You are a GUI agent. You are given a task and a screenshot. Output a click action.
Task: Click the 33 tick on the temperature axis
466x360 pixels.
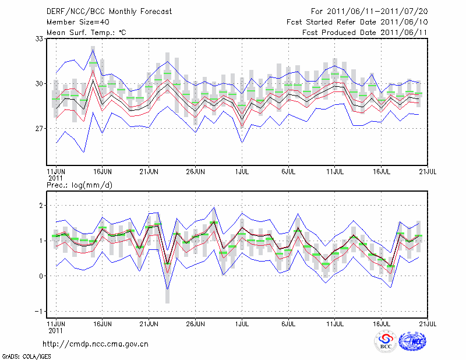point(41,38)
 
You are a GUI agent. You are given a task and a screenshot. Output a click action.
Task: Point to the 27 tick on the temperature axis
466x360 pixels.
point(41,128)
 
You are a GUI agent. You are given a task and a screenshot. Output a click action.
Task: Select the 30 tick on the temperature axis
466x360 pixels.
point(41,83)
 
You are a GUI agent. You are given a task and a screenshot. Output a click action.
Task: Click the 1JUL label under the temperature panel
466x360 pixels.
point(242,172)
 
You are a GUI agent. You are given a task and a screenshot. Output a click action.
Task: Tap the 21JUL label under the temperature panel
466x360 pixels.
point(428,172)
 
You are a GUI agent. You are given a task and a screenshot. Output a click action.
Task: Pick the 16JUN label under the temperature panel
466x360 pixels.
point(103,172)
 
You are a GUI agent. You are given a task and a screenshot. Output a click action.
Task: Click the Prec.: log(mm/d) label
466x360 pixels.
point(80,185)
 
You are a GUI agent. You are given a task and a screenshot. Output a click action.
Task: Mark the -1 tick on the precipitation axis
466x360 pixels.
point(40,311)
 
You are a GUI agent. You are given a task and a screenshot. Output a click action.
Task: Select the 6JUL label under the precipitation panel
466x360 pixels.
point(288,322)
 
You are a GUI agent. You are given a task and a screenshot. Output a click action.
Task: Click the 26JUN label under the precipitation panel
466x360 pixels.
point(195,322)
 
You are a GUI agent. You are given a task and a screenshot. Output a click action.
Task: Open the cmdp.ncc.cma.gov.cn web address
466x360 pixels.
point(96,344)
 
